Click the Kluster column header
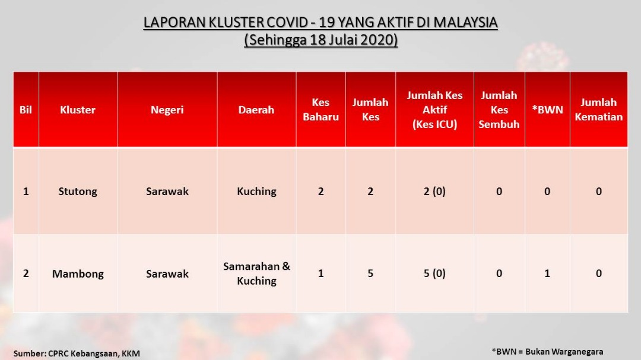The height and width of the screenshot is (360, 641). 78,110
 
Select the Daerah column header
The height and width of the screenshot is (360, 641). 256,110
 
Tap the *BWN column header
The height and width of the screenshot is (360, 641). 547,110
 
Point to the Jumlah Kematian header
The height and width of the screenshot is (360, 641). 598,110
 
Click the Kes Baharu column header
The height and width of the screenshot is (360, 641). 321,110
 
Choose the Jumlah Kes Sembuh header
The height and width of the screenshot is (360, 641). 499,110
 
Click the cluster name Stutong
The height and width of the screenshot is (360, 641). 78,191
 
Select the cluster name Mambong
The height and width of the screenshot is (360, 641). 78,273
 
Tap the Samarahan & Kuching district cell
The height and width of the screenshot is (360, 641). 257,273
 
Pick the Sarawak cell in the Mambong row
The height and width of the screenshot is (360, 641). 167,273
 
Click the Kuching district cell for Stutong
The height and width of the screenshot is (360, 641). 257,191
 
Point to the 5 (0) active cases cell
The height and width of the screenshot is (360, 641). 434,273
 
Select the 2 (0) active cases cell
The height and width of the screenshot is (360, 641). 434,191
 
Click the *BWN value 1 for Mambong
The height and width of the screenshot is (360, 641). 547,273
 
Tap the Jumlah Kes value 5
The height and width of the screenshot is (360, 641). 370,273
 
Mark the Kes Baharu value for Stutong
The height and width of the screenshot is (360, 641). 321,191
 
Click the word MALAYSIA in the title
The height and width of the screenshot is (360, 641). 465,22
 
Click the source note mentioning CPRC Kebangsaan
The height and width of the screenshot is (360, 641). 77,353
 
